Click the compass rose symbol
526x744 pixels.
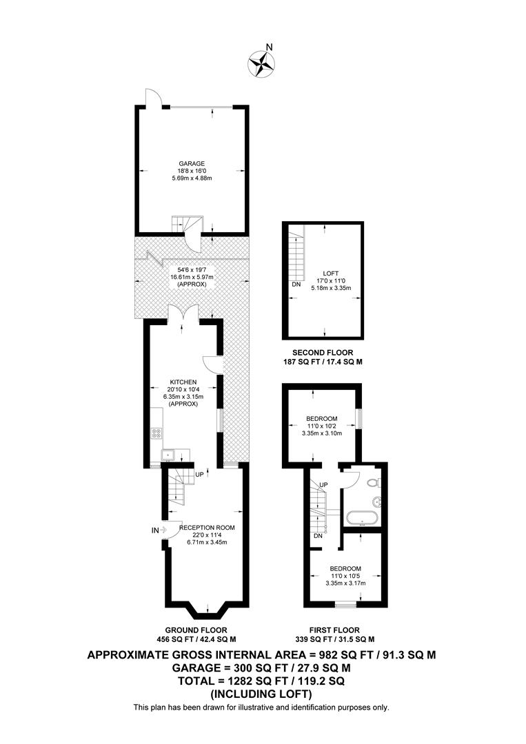(261, 63)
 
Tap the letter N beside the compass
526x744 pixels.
(270, 47)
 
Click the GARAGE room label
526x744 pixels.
(192, 164)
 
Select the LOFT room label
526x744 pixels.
(330, 273)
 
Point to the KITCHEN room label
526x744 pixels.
(183, 382)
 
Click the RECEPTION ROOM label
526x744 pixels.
(207, 528)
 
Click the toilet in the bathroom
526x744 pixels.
(374, 483)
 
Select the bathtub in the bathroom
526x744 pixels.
(362, 517)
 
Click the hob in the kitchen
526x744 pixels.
(156, 433)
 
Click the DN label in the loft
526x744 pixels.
(296, 285)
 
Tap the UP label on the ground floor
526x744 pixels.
(200, 474)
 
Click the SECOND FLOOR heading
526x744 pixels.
(323, 353)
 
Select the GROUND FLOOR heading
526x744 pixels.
(196, 630)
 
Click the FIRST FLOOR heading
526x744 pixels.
(334, 630)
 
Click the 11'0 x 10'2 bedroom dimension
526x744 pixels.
(322, 426)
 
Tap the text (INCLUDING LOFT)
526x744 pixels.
(261, 694)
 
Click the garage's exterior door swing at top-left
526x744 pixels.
(154, 97)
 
